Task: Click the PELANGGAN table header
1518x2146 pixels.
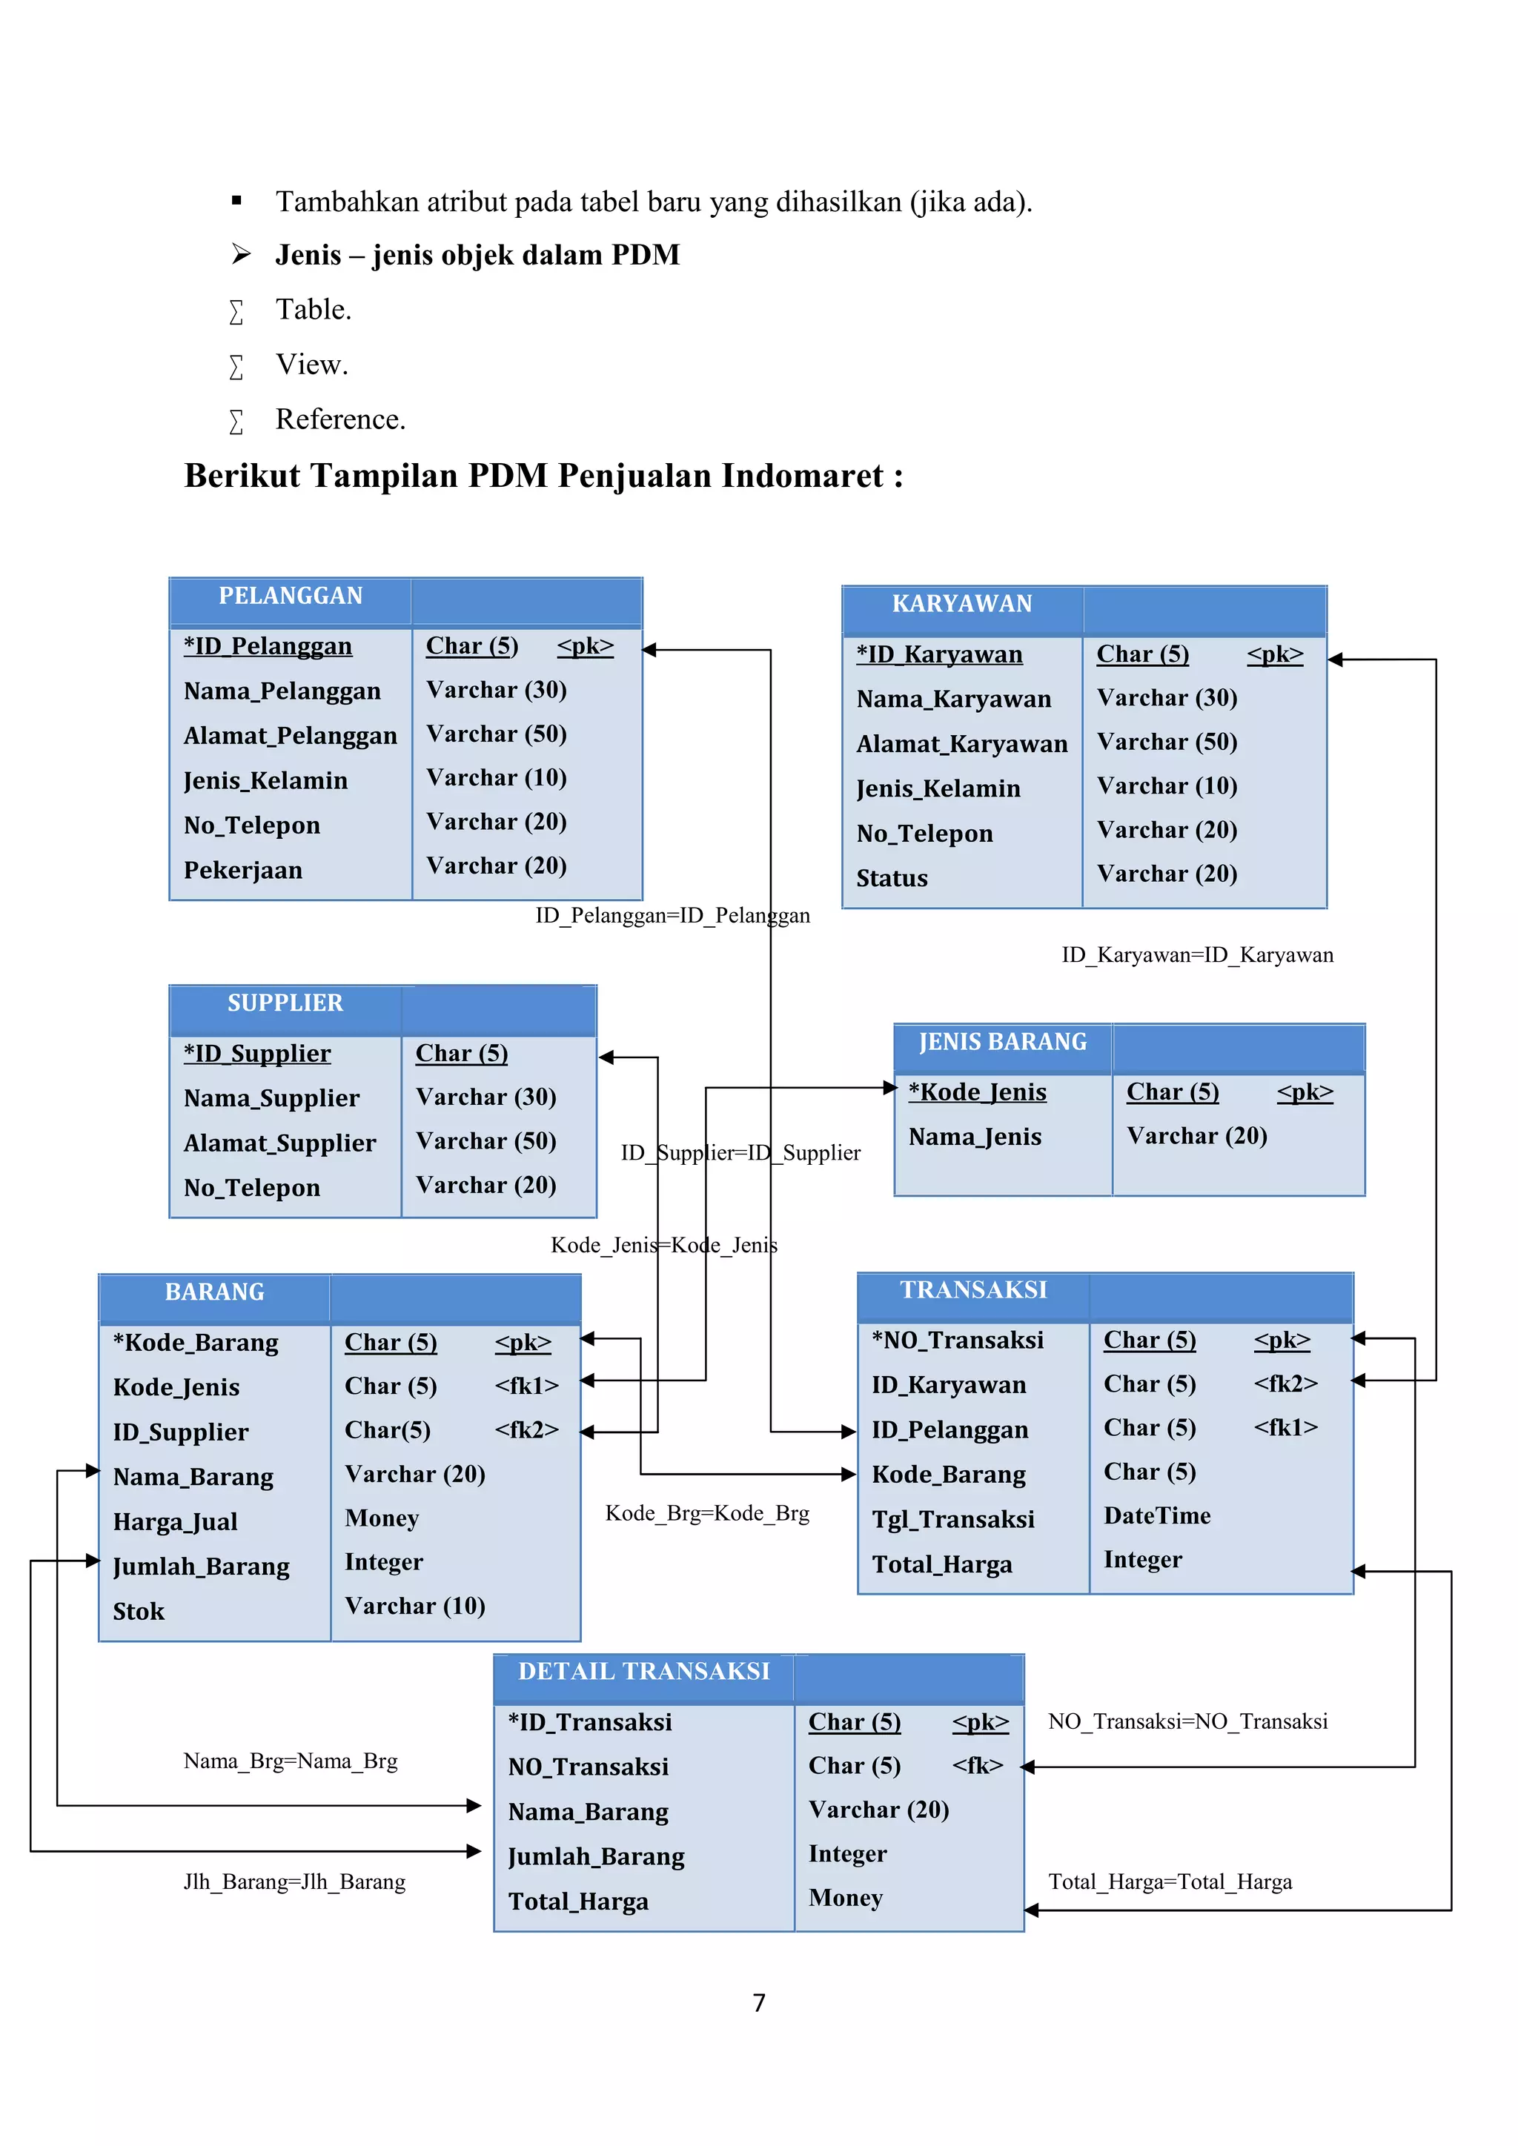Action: pos(290,597)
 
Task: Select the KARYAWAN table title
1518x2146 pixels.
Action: pos(962,605)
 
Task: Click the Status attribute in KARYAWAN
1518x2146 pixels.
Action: pos(892,879)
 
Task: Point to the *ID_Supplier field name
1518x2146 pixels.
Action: pos(257,1054)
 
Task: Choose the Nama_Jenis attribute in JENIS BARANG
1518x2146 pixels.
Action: pos(974,1137)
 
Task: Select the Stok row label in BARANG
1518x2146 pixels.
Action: pos(139,1612)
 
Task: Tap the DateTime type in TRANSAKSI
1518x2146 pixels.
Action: pos(1156,1515)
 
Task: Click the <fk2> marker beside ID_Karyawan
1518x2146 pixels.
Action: pos(1285,1383)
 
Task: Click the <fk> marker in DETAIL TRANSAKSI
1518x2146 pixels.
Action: pos(977,1766)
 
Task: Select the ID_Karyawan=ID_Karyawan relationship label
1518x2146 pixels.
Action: pos(1196,955)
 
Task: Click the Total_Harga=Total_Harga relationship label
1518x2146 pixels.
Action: pos(1170,1881)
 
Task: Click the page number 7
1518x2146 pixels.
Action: pos(759,2003)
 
